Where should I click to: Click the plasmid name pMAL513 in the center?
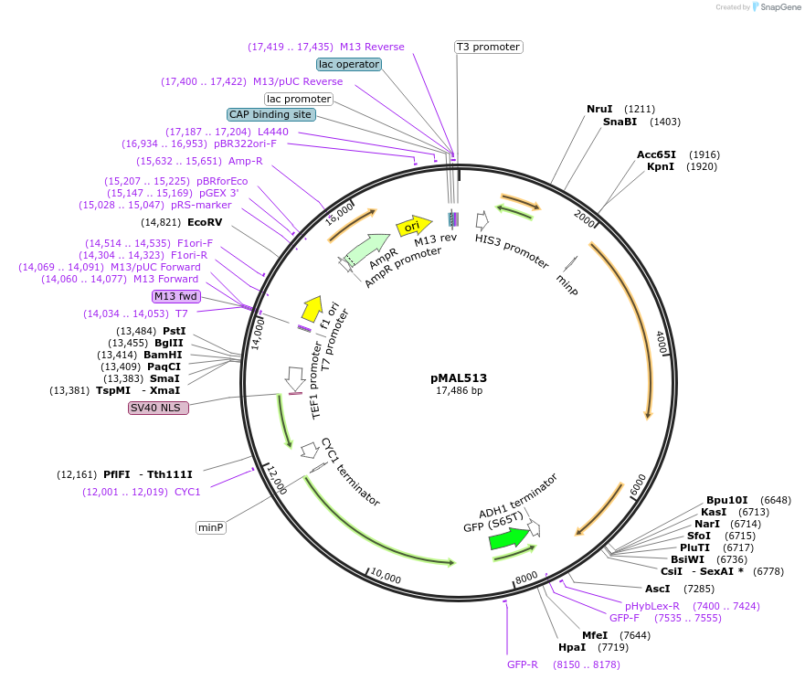[x=459, y=377]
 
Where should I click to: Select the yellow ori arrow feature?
[x=413, y=226]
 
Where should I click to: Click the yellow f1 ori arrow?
[x=312, y=309]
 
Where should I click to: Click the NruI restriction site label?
[x=599, y=109]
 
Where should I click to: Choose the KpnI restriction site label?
[x=661, y=166]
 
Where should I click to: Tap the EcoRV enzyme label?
[x=205, y=222]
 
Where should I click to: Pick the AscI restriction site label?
[x=658, y=589]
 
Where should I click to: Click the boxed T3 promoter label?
[x=489, y=47]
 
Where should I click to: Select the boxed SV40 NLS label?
[x=159, y=408]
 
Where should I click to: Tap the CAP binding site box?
[x=271, y=115]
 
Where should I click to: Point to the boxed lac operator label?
[x=348, y=64]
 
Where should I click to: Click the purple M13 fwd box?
[x=176, y=296]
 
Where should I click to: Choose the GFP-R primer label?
[x=523, y=664]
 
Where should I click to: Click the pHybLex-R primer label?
[x=652, y=606]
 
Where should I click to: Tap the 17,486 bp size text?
[x=459, y=391]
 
